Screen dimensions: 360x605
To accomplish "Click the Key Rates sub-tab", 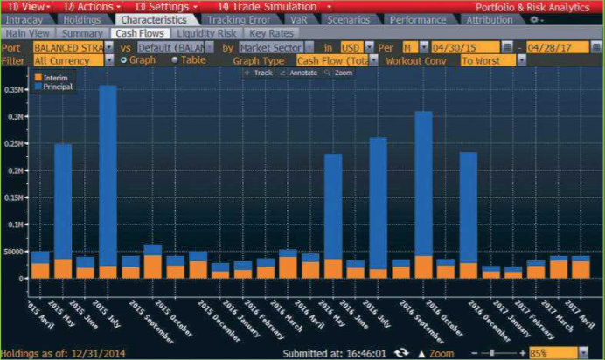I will pyautogui.click(x=271, y=33).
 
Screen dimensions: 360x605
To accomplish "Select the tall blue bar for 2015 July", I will pyautogui.click(x=108, y=175).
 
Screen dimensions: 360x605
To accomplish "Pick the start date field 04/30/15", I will pyautogui.click(x=464, y=46).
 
